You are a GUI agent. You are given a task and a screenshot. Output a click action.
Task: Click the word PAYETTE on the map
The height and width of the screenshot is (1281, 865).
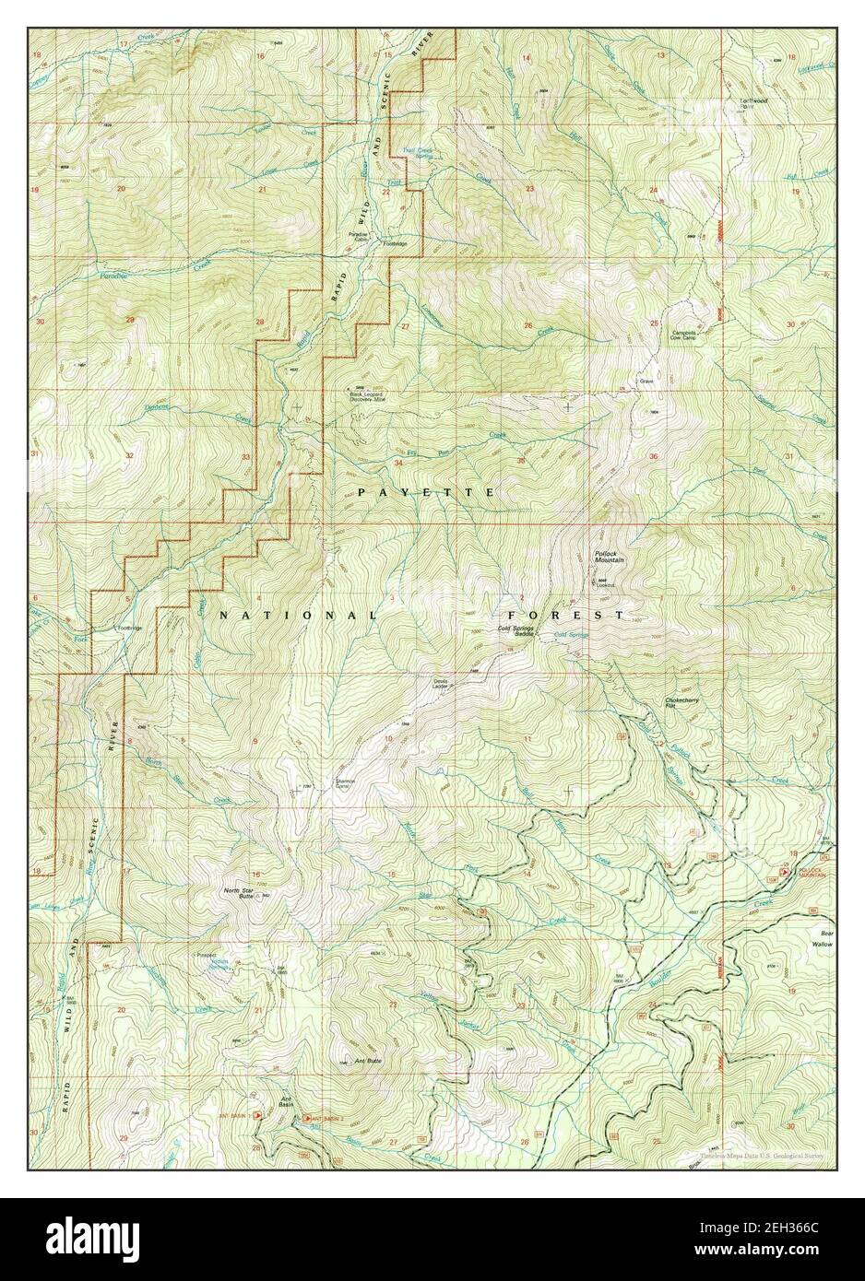click(427, 494)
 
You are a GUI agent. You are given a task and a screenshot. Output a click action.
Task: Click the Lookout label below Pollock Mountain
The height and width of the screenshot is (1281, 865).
click(605, 584)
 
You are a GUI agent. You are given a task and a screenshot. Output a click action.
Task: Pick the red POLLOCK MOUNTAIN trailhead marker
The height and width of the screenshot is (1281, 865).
click(785, 871)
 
